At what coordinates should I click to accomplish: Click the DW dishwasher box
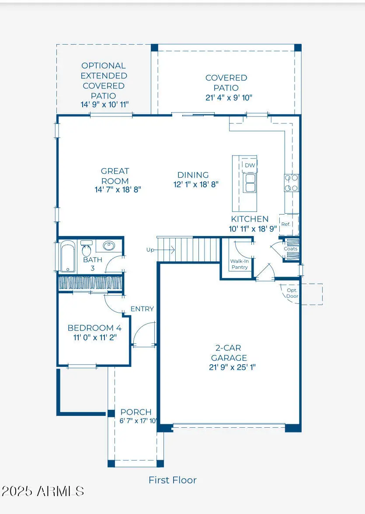pyautogui.click(x=250, y=165)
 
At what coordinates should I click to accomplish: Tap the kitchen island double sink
pyautogui.click(x=250, y=183)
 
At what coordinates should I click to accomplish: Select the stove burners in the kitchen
pyautogui.click(x=291, y=183)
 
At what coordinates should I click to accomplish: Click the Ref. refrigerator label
pyautogui.click(x=286, y=224)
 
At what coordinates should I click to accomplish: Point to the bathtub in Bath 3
pyautogui.click(x=68, y=257)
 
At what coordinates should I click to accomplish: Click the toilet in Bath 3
pyautogui.click(x=87, y=249)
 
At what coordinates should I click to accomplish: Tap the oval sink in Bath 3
pyautogui.click(x=109, y=246)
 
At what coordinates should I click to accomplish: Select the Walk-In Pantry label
pyautogui.click(x=239, y=264)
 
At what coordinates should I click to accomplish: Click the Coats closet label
pyautogui.click(x=291, y=249)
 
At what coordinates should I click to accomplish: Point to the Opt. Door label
pyautogui.click(x=292, y=293)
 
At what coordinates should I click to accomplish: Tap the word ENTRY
pyautogui.click(x=142, y=309)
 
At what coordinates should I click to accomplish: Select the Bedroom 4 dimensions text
pyautogui.click(x=95, y=337)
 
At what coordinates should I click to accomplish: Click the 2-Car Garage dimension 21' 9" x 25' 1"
pyautogui.click(x=232, y=367)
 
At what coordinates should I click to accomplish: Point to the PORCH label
pyautogui.click(x=136, y=412)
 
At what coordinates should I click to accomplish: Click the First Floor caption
pyautogui.click(x=173, y=480)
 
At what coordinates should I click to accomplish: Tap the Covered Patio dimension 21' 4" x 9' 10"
pyautogui.click(x=229, y=97)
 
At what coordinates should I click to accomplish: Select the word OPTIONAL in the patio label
pyautogui.click(x=104, y=66)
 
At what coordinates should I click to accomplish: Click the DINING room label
pyautogui.click(x=193, y=175)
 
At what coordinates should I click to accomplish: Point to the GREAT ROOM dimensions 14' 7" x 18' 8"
pyautogui.click(x=118, y=190)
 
